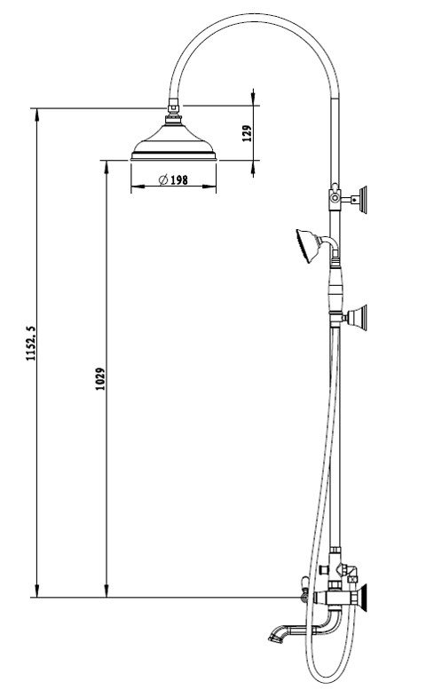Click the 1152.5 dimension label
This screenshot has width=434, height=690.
(x=30, y=344)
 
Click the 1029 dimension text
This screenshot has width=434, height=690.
(x=100, y=379)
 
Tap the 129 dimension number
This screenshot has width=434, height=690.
(x=247, y=133)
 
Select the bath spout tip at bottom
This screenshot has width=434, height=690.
(x=275, y=637)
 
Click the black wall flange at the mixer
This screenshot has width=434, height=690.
(x=362, y=598)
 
